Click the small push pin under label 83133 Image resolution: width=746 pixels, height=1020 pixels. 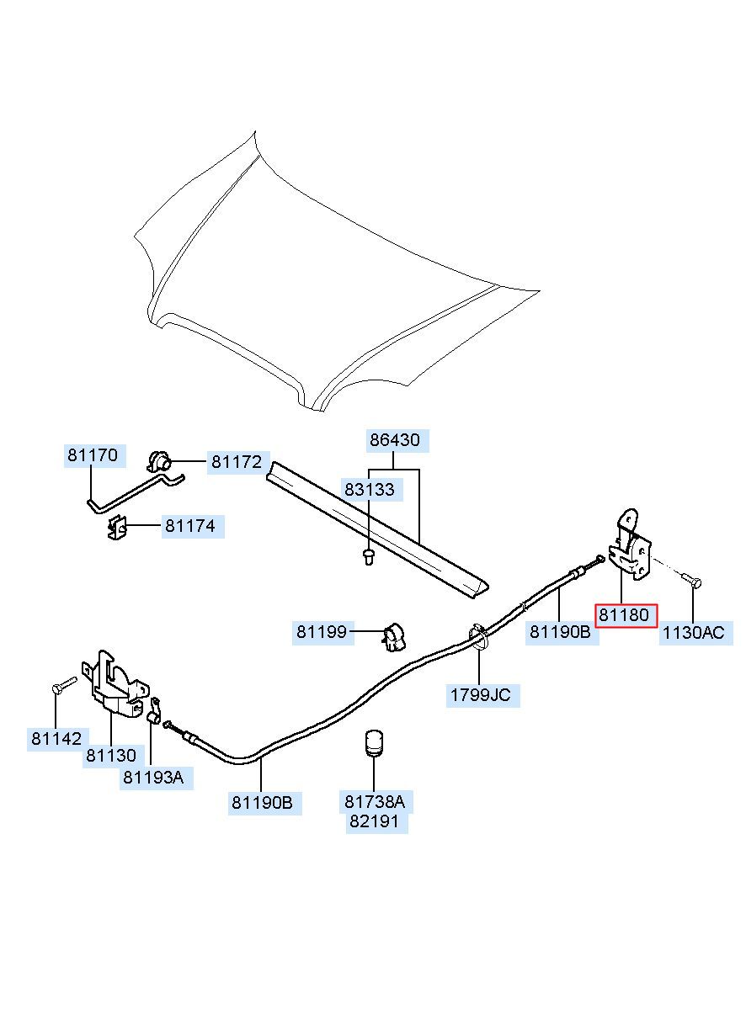(x=369, y=557)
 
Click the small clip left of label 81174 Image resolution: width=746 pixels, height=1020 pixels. (x=118, y=528)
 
